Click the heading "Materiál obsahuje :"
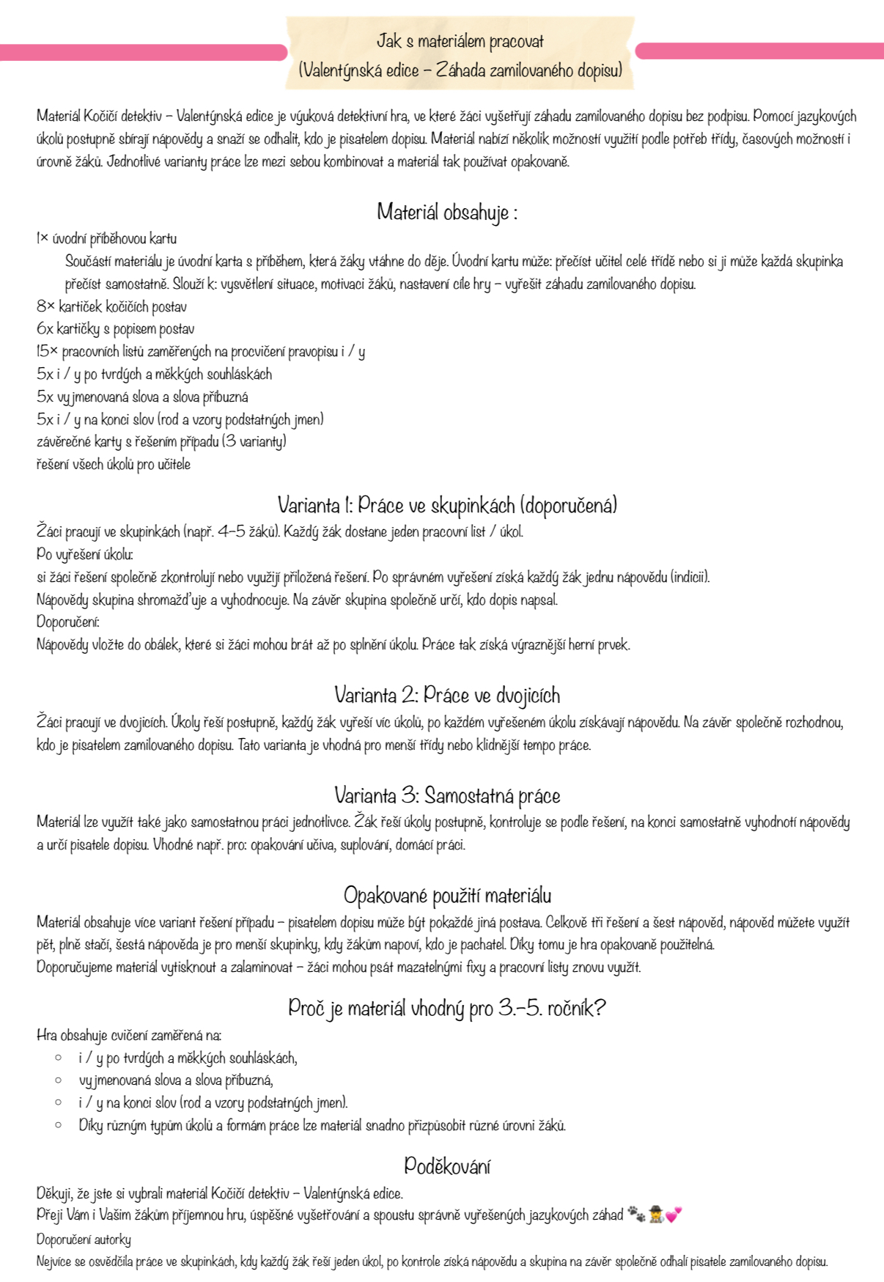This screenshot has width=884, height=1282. [x=446, y=213]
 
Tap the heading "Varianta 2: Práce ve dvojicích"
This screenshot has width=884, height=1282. [x=446, y=695]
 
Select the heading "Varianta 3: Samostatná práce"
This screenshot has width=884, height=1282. [x=446, y=795]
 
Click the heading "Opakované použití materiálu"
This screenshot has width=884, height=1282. [x=447, y=895]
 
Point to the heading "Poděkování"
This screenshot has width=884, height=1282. [x=446, y=1165]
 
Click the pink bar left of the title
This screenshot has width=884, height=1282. [x=143, y=52]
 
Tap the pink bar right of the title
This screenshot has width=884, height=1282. [x=759, y=51]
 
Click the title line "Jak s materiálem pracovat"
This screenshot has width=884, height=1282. [x=460, y=41]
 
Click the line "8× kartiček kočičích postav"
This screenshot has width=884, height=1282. [x=111, y=306]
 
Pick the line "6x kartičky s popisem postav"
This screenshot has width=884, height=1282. [x=115, y=329]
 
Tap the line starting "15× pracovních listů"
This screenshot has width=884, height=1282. [x=200, y=352]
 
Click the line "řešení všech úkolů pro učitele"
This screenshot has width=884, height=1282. [x=113, y=464]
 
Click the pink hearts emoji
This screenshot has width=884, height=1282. [x=674, y=1215]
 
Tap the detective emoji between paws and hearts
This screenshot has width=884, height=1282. [x=655, y=1215]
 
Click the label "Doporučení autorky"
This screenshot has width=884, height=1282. [x=84, y=1239]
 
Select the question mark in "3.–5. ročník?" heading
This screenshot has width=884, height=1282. [x=599, y=1009]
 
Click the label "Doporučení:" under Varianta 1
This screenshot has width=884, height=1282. [x=67, y=622]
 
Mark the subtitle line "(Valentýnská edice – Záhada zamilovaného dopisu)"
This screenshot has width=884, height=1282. [x=460, y=70]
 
